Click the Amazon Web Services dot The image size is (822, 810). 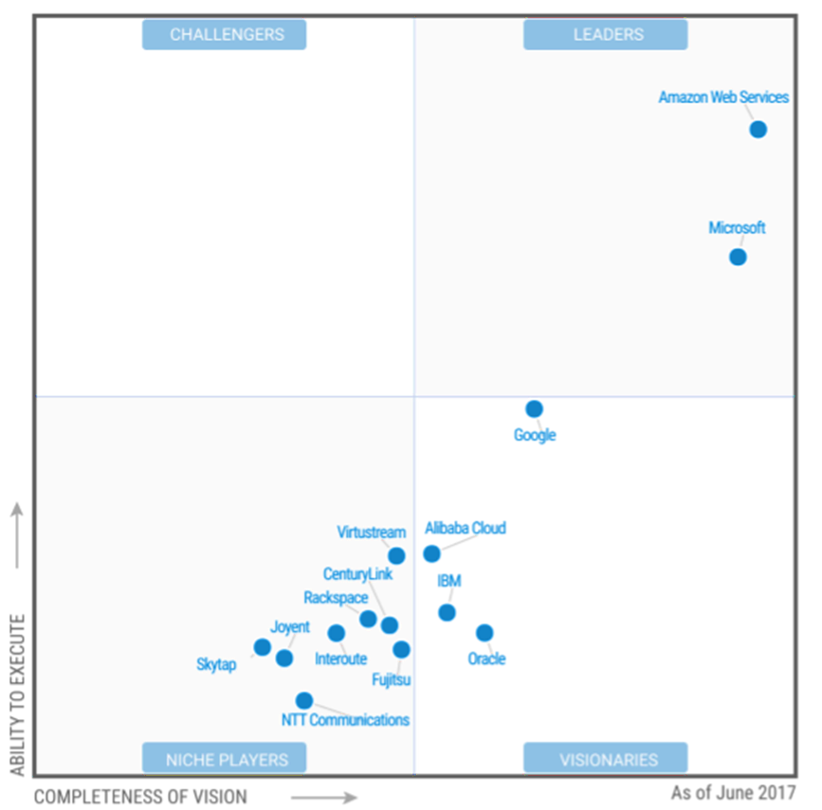pos(758,130)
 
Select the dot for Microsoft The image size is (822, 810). pos(738,257)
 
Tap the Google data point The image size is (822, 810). pos(534,409)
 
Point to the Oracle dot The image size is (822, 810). pos(484,633)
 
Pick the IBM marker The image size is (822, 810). pos(447,613)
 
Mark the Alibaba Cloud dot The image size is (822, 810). pos(431,554)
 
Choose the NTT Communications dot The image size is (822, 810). pos(303,701)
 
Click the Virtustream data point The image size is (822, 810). pos(396,556)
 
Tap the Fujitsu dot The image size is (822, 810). pos(401,650)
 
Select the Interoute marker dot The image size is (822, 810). pos(336,633)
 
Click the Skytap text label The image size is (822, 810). pos(216,665)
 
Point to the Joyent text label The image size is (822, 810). pos(290,627)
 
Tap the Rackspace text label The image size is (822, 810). pos(336,598)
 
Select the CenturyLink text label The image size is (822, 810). pos(357,574)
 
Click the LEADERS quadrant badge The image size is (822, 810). pos(606,35)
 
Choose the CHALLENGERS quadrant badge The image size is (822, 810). pos(225,35)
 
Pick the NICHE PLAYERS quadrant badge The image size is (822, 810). pos(225,759)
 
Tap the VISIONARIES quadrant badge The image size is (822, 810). pos(606,759)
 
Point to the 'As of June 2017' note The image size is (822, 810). pos(733,793)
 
